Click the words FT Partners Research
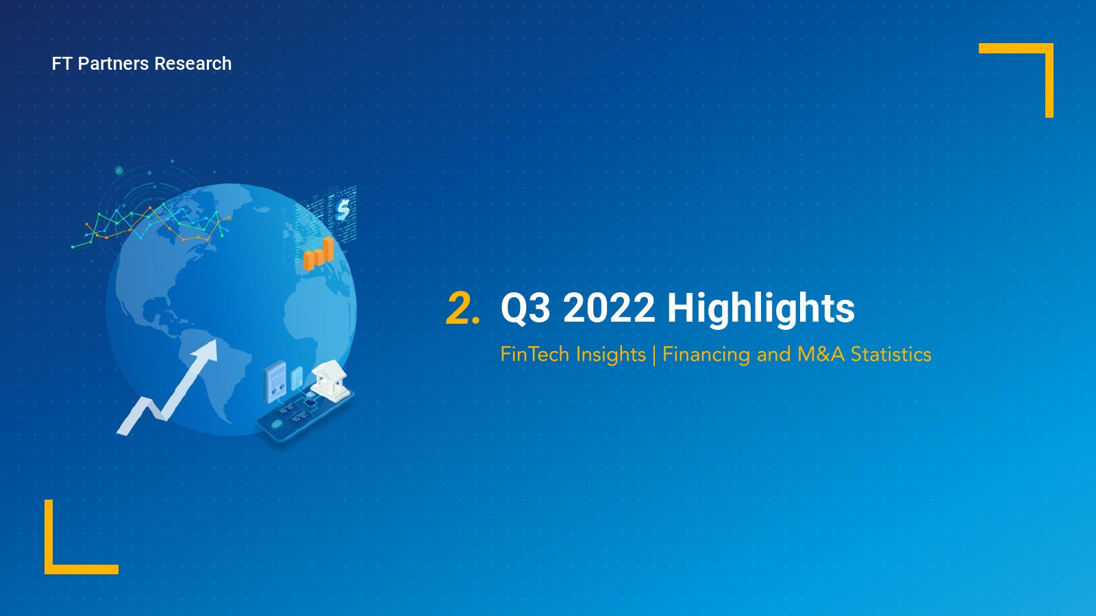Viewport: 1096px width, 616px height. click(x=141, y=64)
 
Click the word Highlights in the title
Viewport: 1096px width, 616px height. click(x=761, y=309)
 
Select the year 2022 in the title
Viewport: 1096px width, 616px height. click(x=608, y=309)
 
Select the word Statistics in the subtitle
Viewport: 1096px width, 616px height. click(x=891, y=354)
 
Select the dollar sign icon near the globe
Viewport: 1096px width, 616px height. click(x=343, y=209)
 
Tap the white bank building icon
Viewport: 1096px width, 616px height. click(x=330, y=381)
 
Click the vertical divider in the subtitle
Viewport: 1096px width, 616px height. click(x=654, y=355)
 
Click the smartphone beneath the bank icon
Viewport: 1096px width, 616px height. click(x=304, y=415)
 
